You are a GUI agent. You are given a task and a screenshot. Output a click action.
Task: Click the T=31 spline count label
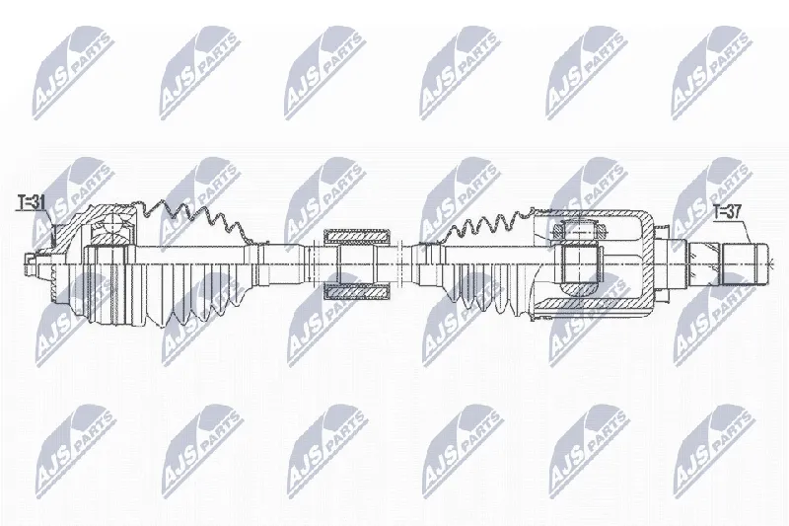coord(32,202)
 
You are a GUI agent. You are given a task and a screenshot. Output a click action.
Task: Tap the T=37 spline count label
coord(727,211)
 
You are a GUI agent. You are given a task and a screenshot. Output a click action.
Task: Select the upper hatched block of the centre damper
coord(357,235)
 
